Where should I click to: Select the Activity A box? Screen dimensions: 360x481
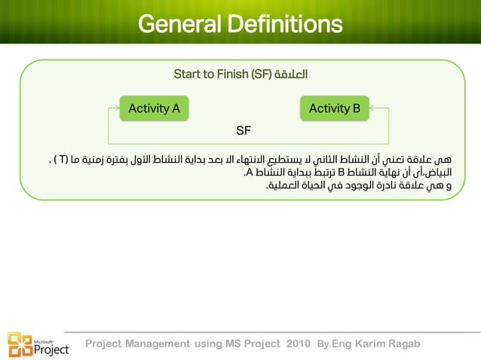(154, 108)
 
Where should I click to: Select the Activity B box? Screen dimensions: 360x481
(335, 108)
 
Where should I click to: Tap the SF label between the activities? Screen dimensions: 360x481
(243, 131)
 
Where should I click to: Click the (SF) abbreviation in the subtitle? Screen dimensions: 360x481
(260, 75)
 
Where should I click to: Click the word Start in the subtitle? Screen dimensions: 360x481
(188, 75)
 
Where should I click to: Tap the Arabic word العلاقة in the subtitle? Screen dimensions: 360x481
(292, 75)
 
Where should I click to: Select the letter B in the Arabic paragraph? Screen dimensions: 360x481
(351, 172)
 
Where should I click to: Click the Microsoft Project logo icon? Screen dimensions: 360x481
(20, 343)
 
